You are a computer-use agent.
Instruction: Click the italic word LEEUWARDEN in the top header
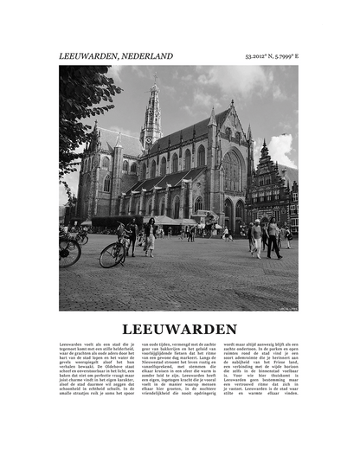point(88,56)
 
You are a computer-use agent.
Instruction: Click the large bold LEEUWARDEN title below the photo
point(179,329)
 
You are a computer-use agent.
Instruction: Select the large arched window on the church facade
point(232,170)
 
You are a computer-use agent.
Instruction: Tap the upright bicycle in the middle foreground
point(113,253)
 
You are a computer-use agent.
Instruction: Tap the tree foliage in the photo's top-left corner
point(82,104)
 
